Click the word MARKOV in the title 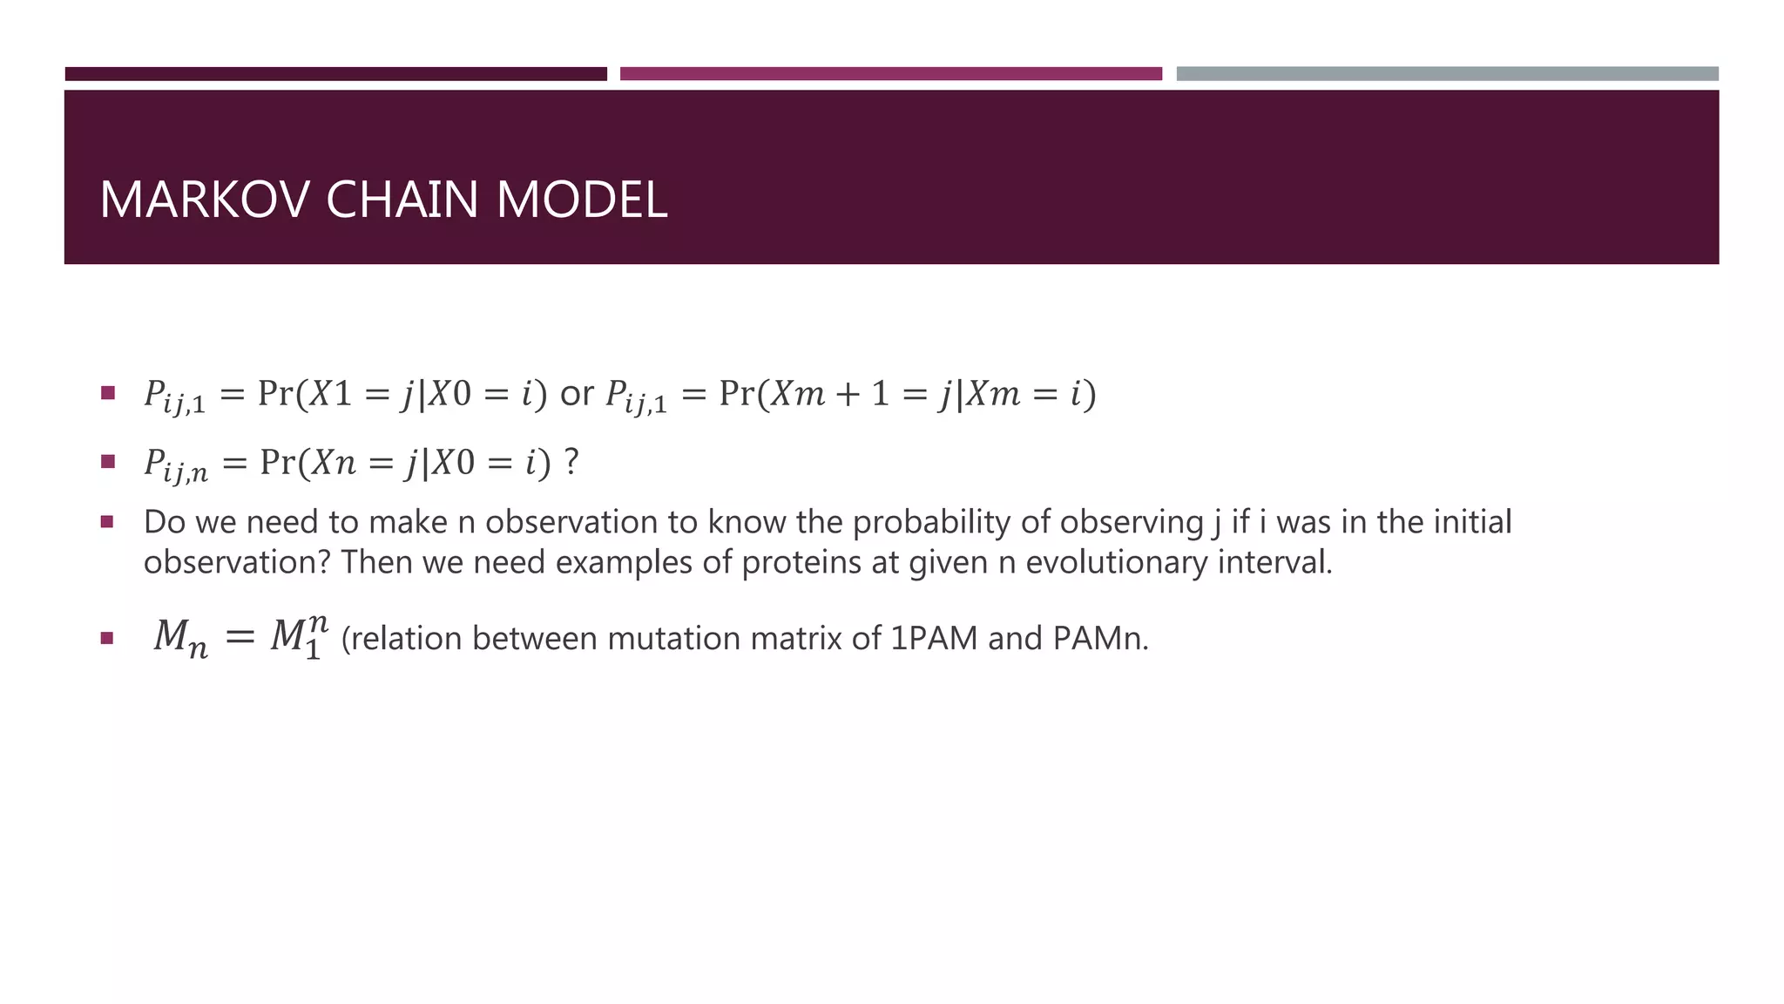click(x=205, y=200)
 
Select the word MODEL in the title click(x=582, y=200)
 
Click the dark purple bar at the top click(x=335, y=74)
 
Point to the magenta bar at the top click(x=890, y=74)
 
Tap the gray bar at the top click(x=1447, y=74)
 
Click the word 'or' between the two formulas click(x=577, y=394)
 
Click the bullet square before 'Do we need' click(x=107, y=522)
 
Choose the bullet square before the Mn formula click(x=107, y=638)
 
